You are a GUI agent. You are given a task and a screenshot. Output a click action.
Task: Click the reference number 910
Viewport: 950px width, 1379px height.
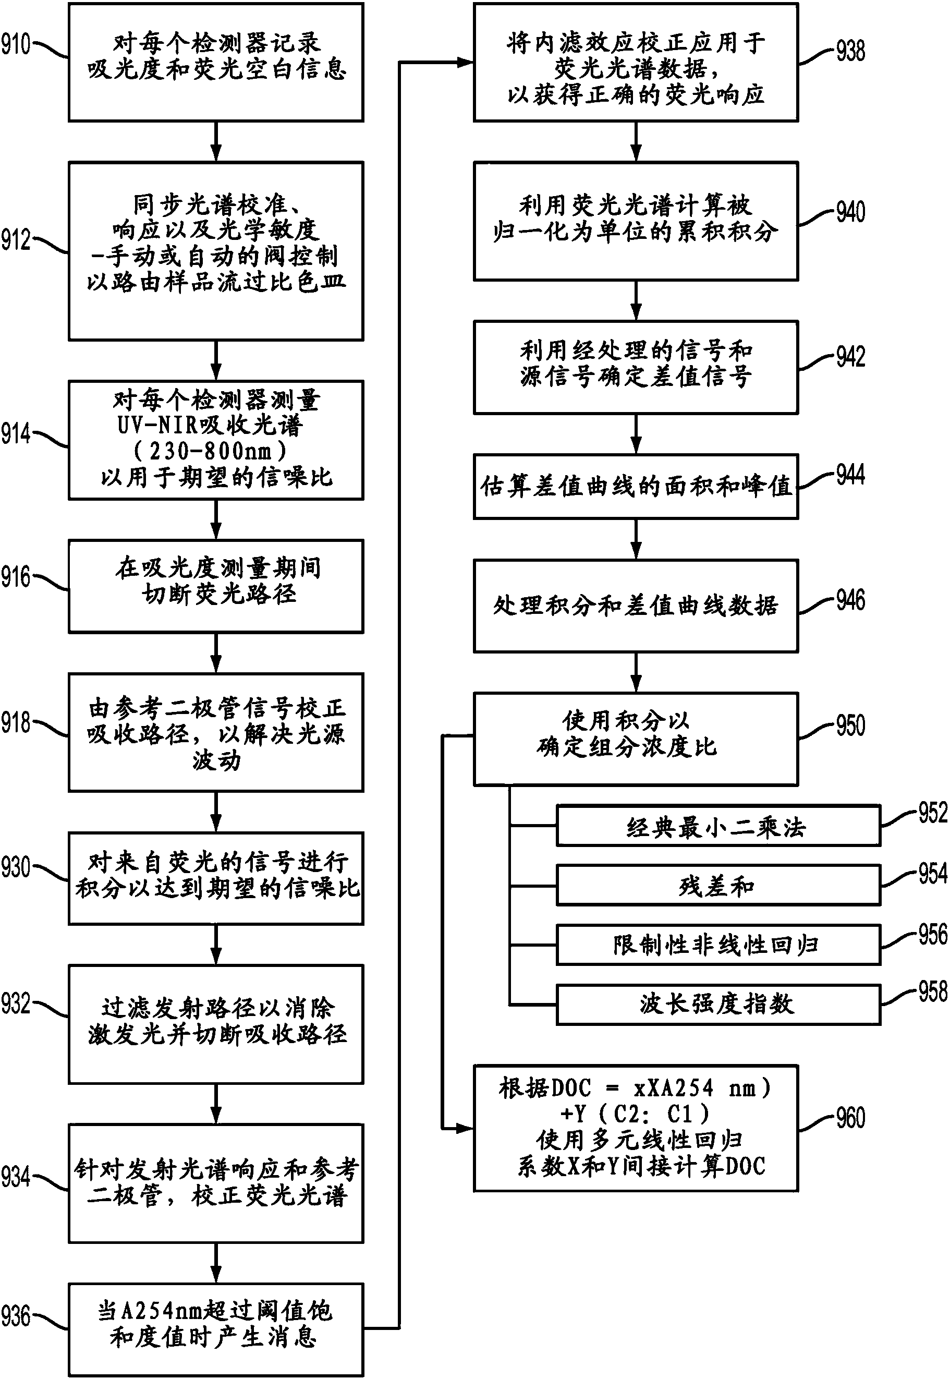point(16,45)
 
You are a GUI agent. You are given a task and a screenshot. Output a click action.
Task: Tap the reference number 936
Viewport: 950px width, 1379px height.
point(16,1316)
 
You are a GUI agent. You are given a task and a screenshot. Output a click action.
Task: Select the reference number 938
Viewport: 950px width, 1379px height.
point(850,51)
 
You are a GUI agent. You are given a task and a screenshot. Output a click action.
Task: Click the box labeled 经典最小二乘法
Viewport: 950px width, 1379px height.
point(718,826)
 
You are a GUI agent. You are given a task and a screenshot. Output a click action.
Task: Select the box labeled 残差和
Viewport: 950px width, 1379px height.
point(718,886)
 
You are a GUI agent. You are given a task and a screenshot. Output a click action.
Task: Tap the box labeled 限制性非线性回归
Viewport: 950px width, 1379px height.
point(718,945)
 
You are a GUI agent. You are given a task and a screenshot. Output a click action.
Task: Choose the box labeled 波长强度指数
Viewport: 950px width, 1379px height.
point(718,1004)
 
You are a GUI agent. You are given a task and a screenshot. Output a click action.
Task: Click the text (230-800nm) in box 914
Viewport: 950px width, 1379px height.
point(210,451)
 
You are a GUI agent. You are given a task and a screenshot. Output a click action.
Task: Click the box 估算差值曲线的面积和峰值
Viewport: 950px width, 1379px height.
point(635,487)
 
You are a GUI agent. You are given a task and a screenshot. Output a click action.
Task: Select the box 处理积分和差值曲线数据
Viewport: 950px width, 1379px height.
point(635,606)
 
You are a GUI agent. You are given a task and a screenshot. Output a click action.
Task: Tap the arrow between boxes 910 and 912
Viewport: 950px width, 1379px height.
point(216,142)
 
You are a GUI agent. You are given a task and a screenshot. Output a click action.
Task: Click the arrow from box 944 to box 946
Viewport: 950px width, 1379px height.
point(636,539)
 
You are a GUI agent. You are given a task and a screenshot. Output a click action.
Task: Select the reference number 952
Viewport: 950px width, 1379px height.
point(932,813)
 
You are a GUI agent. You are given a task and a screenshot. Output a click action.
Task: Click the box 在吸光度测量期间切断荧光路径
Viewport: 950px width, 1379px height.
point(216,586)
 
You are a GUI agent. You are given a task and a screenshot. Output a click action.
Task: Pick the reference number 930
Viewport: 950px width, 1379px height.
point(16,867)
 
